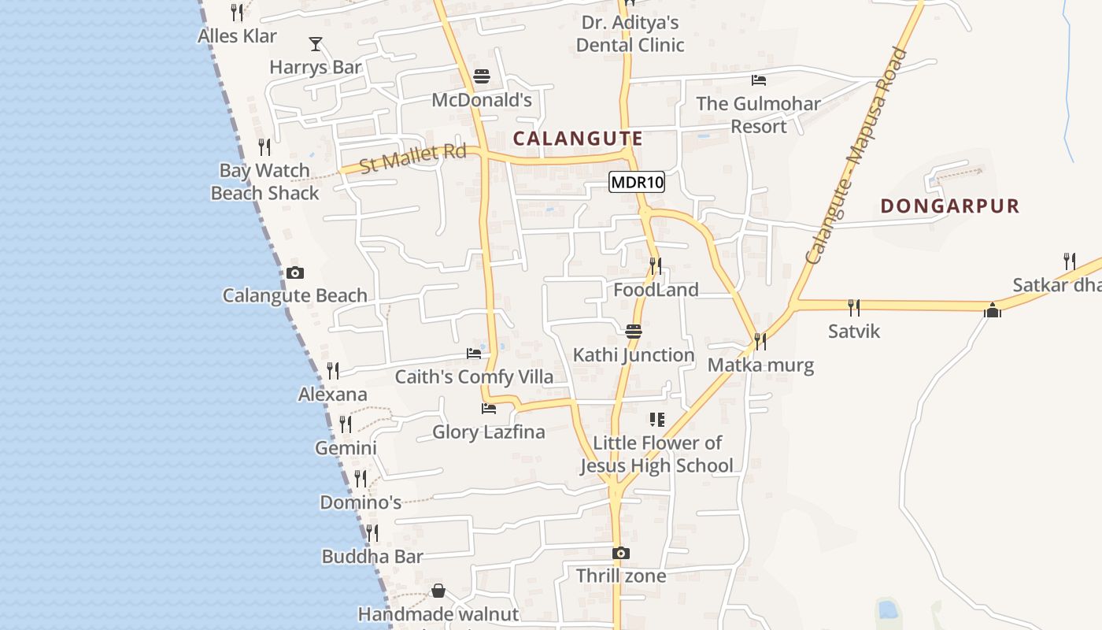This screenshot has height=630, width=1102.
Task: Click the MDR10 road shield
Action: [x=637, y=183]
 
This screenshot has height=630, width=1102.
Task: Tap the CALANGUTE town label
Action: [x=578, y=139]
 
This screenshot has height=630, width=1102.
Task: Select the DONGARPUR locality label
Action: [x=949, y=206]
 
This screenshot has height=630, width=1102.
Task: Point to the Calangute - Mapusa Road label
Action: [x=856, y=155]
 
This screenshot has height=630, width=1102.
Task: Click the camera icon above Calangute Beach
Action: [x=295, y=273]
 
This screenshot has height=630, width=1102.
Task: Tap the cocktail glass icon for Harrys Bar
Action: [x=316, y=44]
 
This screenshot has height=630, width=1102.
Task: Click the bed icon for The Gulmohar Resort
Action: [x=759, y=80]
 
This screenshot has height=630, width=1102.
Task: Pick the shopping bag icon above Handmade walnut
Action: [x=438, y=591]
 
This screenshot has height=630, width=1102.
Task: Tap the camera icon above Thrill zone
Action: [x=621, y=553]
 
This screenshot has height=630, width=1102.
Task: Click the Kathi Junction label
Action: [x=634, y=355]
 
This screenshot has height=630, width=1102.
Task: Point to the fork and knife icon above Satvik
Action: [x=853, y=307]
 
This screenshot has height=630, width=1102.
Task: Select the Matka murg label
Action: [x=760, y=365]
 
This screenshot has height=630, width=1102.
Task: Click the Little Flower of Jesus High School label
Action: [x=657, y=454]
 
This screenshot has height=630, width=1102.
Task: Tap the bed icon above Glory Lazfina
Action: [x=489, y=409]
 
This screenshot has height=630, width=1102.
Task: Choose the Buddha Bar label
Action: [x=372, y=557]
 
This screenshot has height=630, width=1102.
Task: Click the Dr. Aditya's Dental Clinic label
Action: [x=630, y=34]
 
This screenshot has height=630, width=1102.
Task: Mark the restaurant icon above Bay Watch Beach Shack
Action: [x=264, y=147]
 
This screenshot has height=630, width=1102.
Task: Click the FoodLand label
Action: [x=656, y=290]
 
